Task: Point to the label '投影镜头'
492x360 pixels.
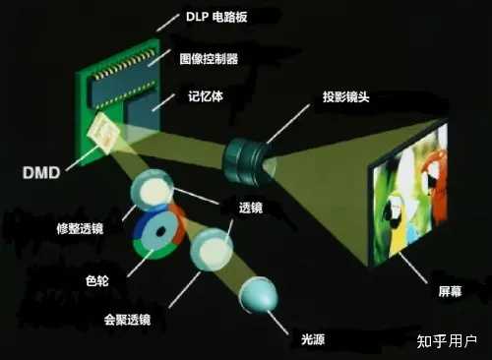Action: click(347, 98)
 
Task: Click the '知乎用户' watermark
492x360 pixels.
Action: click(448, 341)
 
